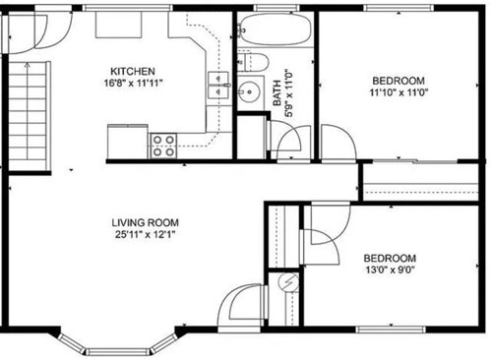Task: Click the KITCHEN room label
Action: click(x=133, y=71)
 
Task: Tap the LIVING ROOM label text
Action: click(x=146, y=222)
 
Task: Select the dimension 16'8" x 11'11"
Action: click(x=134, y=83)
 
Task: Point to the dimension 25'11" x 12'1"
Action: click(x=145, y=234)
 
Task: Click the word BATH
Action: click(x=277, y=93)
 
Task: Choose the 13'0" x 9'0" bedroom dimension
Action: click(x=390, y=270)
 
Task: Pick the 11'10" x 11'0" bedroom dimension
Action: click(x=399, y=92)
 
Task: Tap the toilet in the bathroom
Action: click(x=253, y=62)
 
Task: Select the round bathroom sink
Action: click(x=250, y=92)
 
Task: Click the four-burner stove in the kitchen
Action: click(x=163, y=146)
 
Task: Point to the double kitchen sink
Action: click(x=218, y=85)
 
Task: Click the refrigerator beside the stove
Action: click(x=128, y=142)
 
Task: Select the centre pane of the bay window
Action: click(x=118, y=352)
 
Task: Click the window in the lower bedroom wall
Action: click(x=391, y=330)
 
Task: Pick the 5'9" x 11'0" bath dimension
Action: click(x=289, y=93)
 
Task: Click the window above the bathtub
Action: click(x=272, y=8)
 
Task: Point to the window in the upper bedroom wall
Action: click(x=400, y=8)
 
